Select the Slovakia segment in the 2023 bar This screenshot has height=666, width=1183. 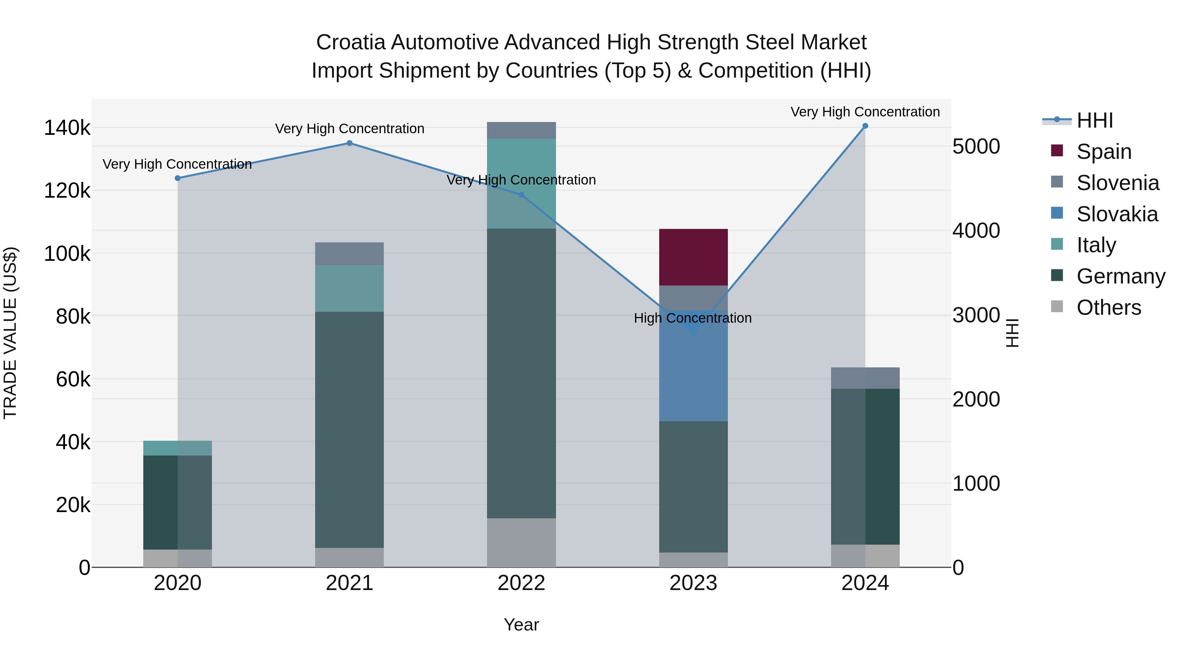(693, 377)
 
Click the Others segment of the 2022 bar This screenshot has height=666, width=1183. (521, 542)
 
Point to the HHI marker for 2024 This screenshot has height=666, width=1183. (865, 126)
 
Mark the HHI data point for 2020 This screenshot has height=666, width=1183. (178, 178)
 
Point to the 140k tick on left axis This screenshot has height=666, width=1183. (67, 128)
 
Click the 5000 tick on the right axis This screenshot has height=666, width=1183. (976, 147)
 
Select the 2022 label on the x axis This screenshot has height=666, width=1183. (521, 583)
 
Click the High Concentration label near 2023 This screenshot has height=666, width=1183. (692, 318)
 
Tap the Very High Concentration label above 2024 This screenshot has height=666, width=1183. (865, 112)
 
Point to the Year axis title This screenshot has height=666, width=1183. (521, 625)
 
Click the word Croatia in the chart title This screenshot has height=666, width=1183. (351, 42)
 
